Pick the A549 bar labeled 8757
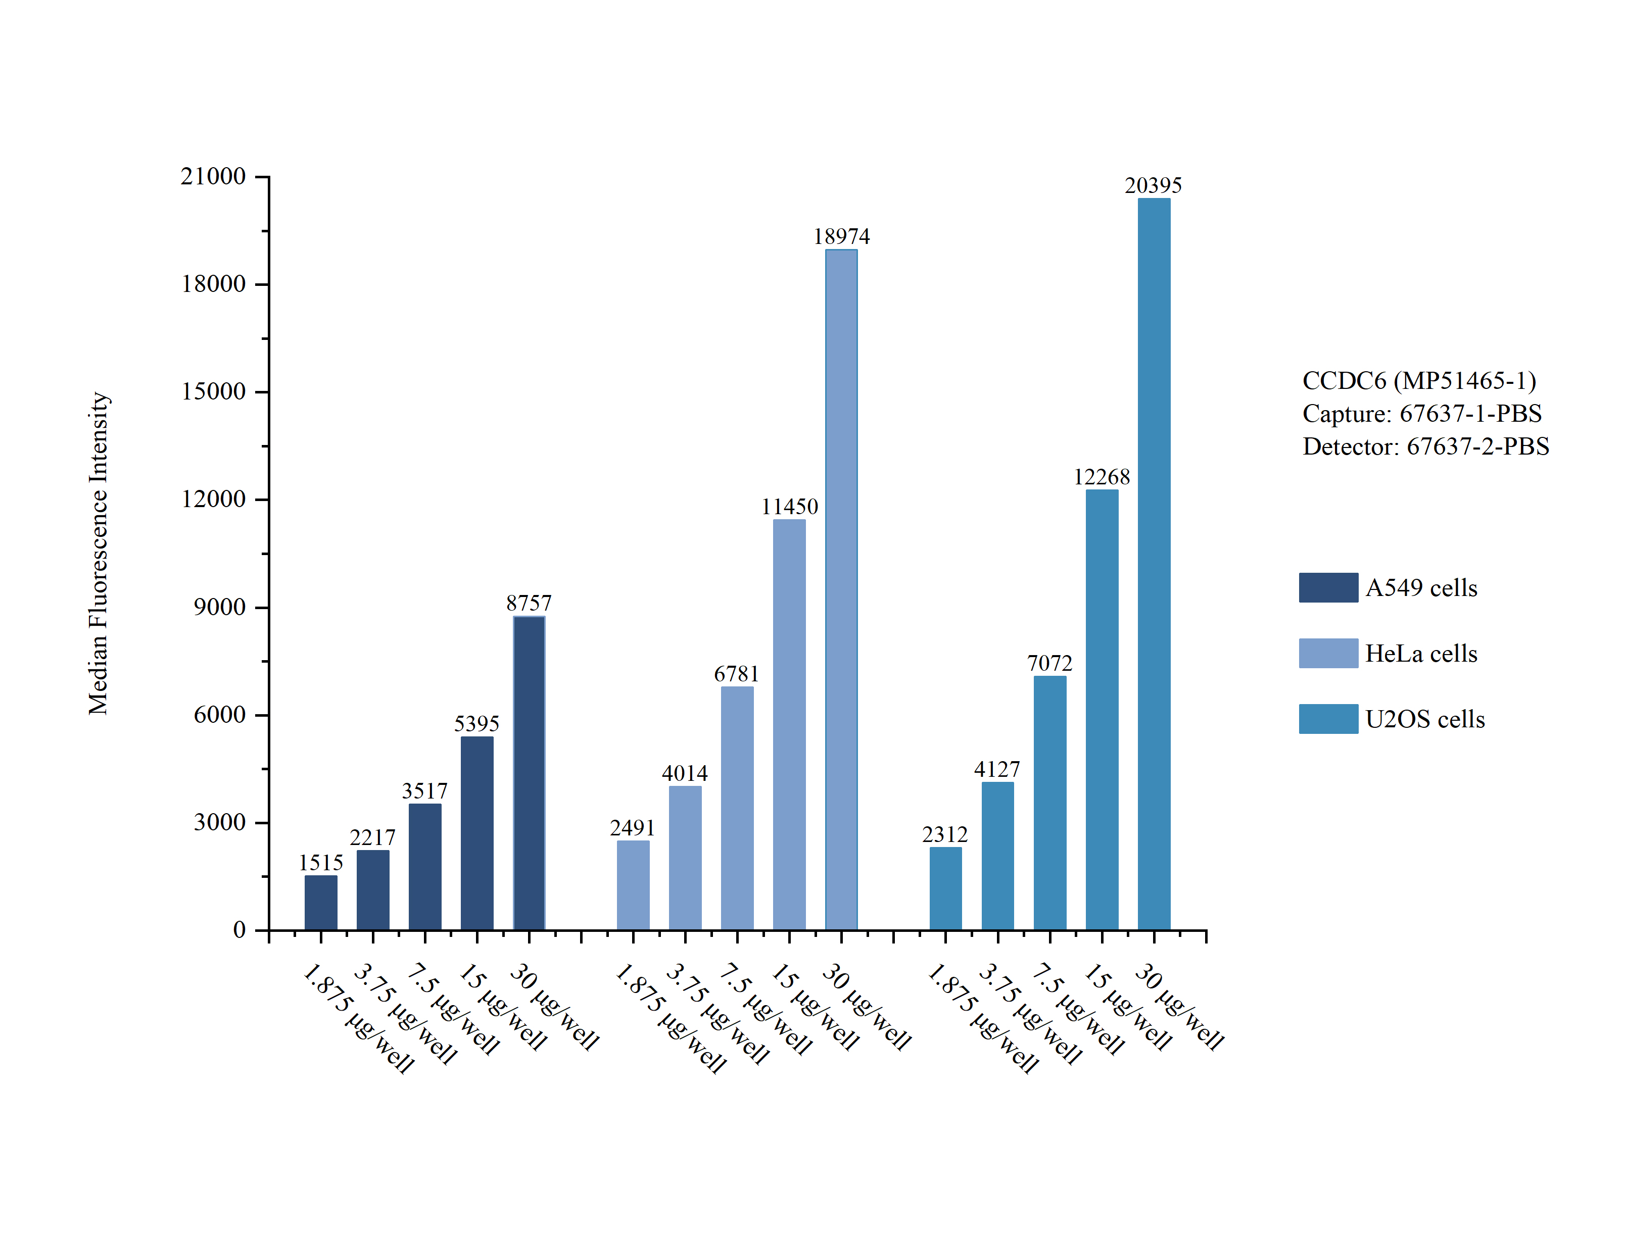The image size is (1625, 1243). pyautogui.click(x=529, y=773)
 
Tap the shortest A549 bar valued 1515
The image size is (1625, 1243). pyautogui.click(x=320, y=903)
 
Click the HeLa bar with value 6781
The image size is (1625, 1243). pyautogui.click(x=737, y=808)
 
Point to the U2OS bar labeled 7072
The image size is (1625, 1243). pyautogui.click(x=1049, y=803)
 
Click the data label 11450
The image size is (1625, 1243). pyautogui.click(x=790, y=507)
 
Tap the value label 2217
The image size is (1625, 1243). pyautogui.click(x=372, y=837)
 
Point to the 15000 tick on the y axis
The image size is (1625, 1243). pyautogui.click(x=213, y=391)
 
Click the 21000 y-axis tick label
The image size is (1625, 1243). pyautogui.click(x=213, y=176)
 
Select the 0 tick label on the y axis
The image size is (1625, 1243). pyautogui.click(x=239, y=930)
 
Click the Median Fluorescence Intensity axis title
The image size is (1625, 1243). pyautogui.click(x=99, y=554)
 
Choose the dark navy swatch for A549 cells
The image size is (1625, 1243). pyautogui.click(x=1328, y=587)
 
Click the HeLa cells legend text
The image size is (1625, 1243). pyautogui.click(x=1421, y=653)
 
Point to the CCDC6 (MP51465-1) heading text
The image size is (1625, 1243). pyautogui.click(x=1418, y=380)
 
